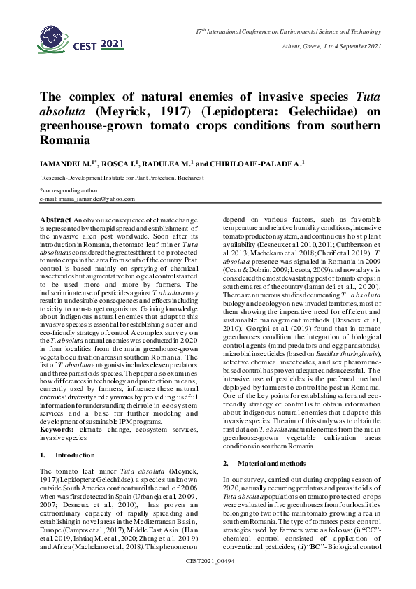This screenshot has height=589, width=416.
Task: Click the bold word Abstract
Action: tap(55, 220)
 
